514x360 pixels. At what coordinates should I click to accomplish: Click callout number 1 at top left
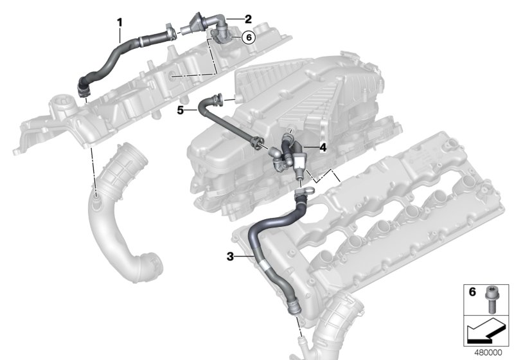coord(120,22)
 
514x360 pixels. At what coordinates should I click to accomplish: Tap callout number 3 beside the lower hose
coord(229,256)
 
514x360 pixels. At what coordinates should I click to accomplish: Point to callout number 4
coord(323,147)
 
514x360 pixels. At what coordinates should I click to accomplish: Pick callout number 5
coord(181,110)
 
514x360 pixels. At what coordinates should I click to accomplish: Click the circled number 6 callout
coord(249,37)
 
